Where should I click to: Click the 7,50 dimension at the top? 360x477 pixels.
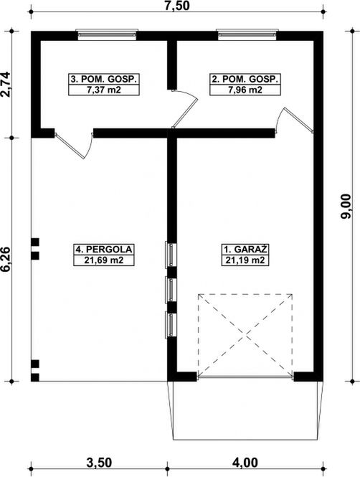pyautogui.click(x=176, y=6)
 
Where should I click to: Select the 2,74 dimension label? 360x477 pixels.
pyautogui.click(x=6, y=84)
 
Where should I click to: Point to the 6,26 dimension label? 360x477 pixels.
pyautogui.click(x=6, y=259)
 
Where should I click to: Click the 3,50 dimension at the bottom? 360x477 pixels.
pyautogui.click(x=99, y=463)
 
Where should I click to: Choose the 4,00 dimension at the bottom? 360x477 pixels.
pyautogui.click(x=245, y=463)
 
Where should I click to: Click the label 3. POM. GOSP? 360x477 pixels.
pyautogui.click(x=104, y=80)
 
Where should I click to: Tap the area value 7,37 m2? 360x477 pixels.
pyautogui.click(x=104, y=90)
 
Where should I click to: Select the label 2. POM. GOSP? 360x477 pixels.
pyautogui.click(x=245, y=80)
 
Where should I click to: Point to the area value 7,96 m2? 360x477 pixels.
pyautogui.click(x=245, y=90)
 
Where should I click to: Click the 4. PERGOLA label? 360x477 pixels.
pyautogui.click(x=104, y=250)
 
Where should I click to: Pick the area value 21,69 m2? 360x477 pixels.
pyautogui.click(x=104, y=260)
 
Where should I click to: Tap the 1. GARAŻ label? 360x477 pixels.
pyautogui.click(x=245, y=250)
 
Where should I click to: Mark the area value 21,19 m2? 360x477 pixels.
pyautogui.click(x=245, y=260)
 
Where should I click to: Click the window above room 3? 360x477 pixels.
pyautogui.click(x=107, y=34)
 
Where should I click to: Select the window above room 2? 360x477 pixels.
pyautogui.click(x=247, y=34)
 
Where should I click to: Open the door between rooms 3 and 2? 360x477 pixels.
pyautogui.click(x=184, y=109)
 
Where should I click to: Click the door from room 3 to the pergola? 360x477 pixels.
pyautogui.click(x=74, y=146)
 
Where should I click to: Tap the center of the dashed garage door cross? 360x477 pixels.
pyautogui.click(x=245, y=335)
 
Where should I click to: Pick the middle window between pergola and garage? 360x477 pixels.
pyautogui.click(x=171, y=290)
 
